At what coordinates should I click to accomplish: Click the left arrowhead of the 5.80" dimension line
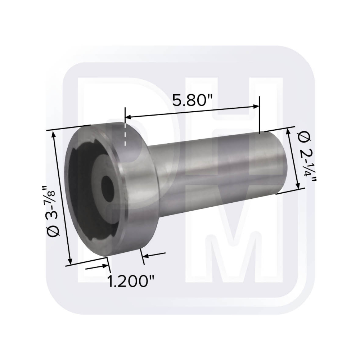(x=127, y=117)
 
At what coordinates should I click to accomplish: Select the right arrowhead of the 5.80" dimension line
(x=256, y=106)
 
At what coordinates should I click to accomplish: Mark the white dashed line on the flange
(x=125, y=135)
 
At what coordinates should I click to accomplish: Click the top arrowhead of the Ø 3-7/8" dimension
(x=55, y=134)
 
